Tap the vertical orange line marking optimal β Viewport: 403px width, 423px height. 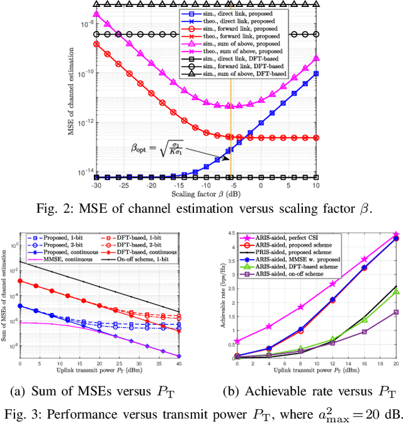pos(230,126)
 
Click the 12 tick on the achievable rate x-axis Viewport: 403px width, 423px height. pos(333,364)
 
